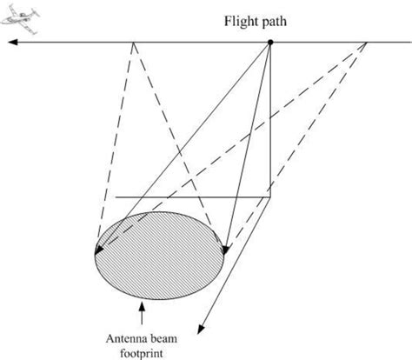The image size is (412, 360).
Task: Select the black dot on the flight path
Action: (269, 43)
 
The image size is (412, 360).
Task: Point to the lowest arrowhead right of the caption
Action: (203, 330)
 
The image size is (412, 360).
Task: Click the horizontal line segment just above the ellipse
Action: (191, 197)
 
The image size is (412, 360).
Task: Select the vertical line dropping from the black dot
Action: (269, 122)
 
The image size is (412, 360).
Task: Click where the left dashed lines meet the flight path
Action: (133, 43)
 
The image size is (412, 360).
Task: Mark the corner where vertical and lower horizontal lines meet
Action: (269, 197)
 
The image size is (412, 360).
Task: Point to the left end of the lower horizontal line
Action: (116, 197)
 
